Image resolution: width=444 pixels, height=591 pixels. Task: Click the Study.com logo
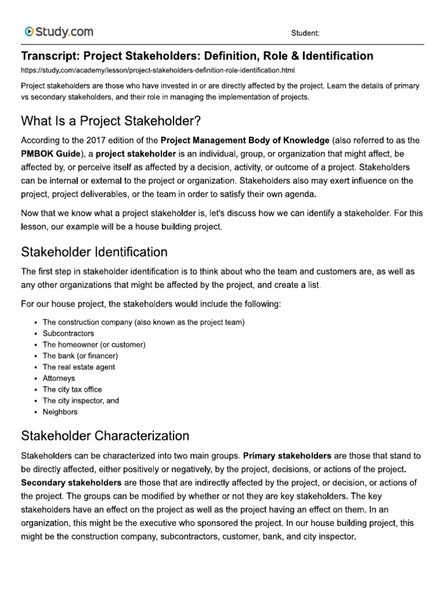(58, 32)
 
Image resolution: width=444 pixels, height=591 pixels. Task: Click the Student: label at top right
(304, 33)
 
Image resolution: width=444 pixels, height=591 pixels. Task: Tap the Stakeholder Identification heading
(94, 252)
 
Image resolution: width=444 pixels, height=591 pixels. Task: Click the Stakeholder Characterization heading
(105, 435)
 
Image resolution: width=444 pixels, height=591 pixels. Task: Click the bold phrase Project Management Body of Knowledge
(245, 140)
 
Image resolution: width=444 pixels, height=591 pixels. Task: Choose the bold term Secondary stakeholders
(71, 482)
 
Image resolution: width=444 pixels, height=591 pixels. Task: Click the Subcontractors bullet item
(68, 334)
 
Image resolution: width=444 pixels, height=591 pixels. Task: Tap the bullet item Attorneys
(59, 378)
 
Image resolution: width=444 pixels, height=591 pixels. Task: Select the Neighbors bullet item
(60, 412)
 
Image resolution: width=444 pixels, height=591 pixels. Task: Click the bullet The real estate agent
(79, 367)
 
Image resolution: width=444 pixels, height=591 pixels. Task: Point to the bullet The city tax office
(72, 390)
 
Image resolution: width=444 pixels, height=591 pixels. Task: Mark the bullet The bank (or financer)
(80, 356)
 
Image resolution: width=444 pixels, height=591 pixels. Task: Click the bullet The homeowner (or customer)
(94, 345)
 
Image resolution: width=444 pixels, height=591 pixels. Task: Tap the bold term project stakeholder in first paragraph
(143, 154)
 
